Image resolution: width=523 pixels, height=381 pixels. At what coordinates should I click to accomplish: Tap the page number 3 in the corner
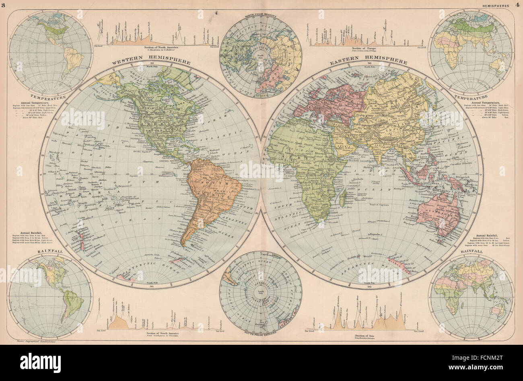pos(4,5)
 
